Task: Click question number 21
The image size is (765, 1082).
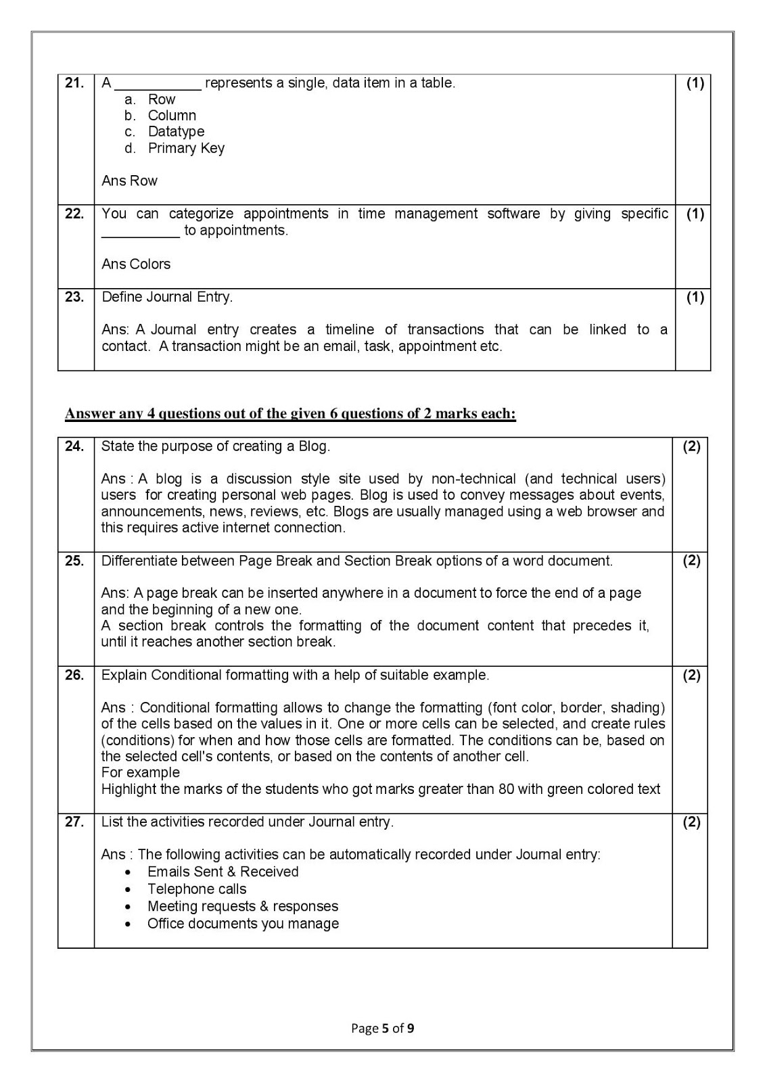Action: pos(74,83)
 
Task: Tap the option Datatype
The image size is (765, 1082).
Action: pos(175,132)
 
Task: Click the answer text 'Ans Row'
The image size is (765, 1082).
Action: pos(129,181)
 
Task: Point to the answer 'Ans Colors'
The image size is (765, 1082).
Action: pos(136,264)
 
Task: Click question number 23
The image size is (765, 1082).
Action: pos(74,297)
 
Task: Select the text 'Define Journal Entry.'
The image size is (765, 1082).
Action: pos(167,297)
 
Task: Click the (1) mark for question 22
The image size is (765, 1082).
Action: pos(695,214)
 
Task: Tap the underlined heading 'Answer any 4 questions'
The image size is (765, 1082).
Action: pos(290,414)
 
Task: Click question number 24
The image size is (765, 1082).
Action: pos(74,446)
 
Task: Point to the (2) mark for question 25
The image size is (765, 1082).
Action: pos(691,561)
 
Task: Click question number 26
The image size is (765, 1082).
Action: pos(74,675)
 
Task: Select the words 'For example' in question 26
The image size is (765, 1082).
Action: pos(141,772)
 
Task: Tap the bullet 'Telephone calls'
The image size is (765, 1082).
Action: pos(197,889)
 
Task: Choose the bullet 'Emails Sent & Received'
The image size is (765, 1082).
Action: pos(223,872)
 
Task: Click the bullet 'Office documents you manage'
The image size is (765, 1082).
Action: pos(243,924)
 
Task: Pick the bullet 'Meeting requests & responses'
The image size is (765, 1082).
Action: pos(242,906)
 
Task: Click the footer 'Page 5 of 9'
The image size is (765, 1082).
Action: pos(383,1029)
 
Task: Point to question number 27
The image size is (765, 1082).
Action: pos(74,822)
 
